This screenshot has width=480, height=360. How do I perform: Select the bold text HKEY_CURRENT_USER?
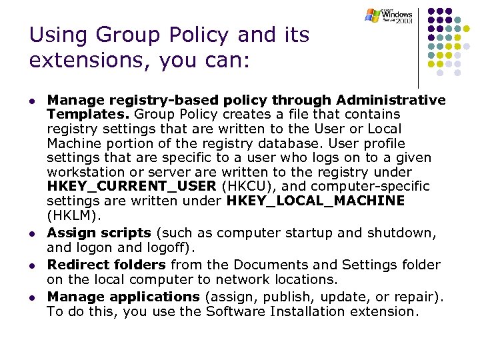coord(131,187)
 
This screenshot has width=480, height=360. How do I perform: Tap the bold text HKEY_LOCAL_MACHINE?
coord(315,201)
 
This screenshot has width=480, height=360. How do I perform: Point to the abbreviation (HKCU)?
coord(245,187)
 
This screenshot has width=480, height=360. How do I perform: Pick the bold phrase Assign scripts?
coord(99,233)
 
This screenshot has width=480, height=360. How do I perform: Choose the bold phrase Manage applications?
coord(123,297)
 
